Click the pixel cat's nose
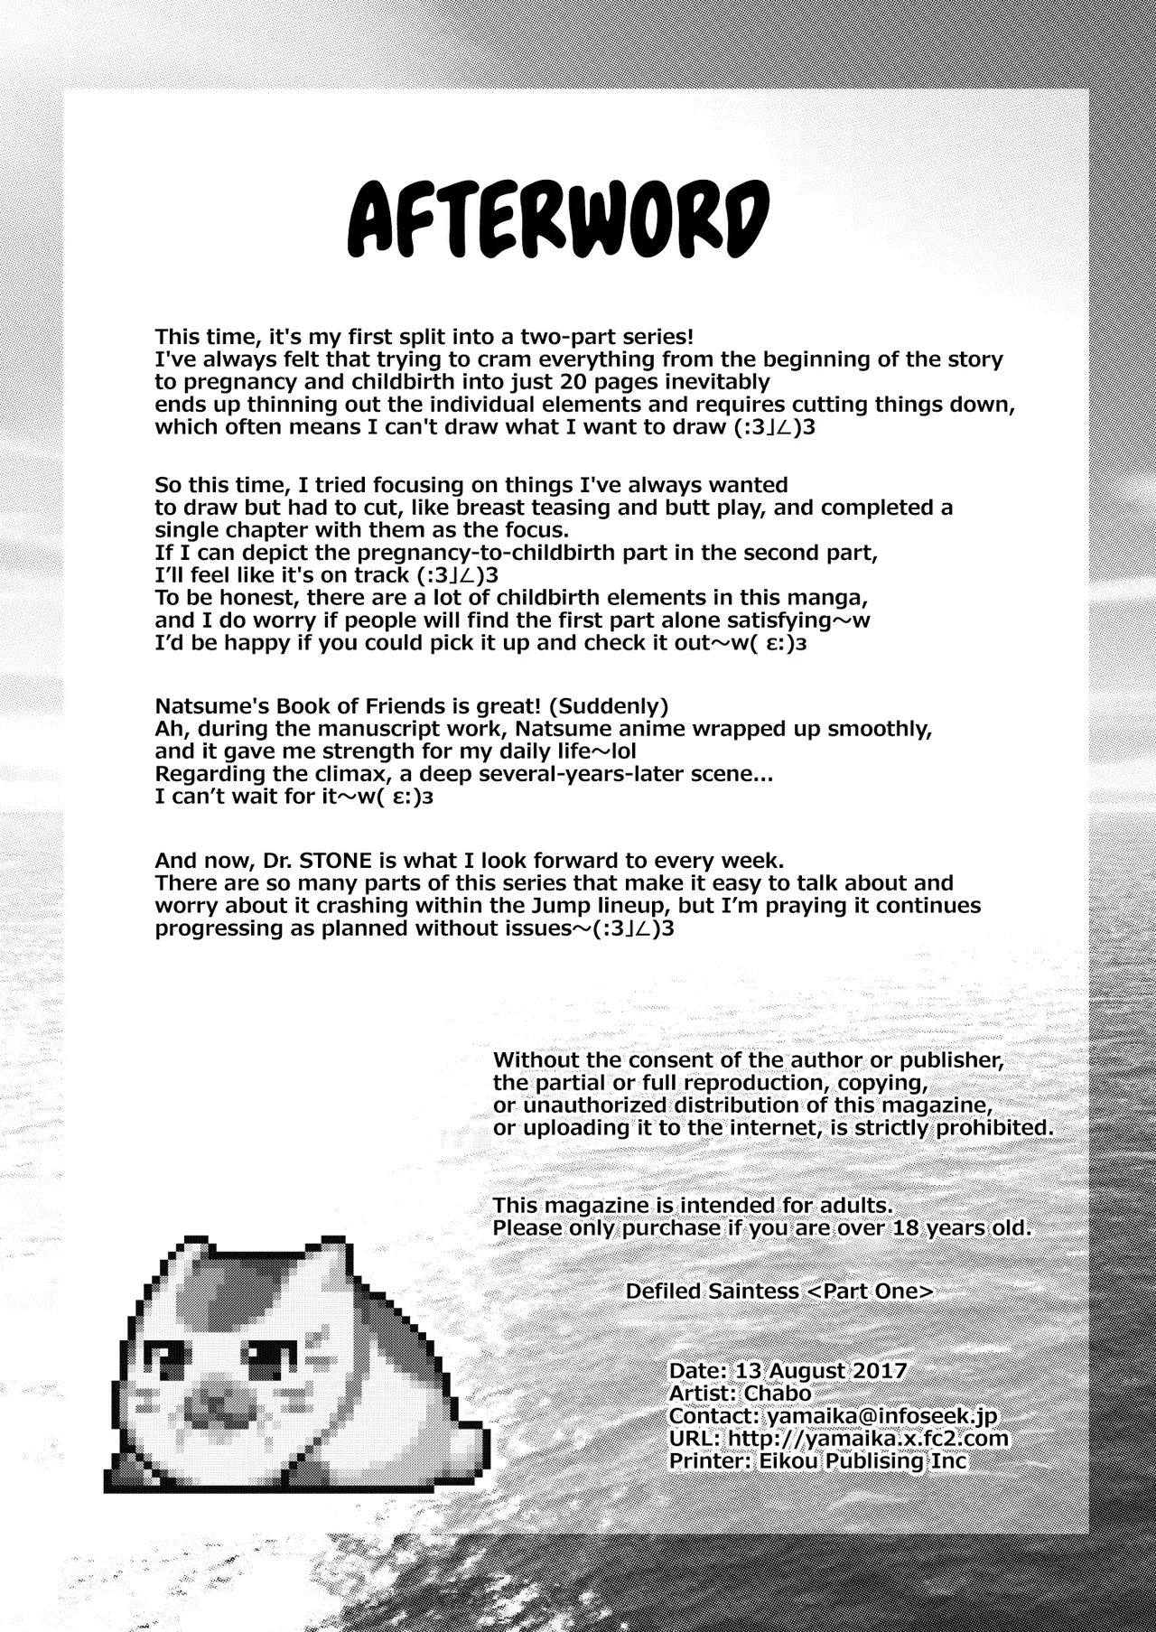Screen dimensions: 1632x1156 tap(213, 1403)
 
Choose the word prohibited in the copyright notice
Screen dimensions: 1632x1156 tap(987, 1128)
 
